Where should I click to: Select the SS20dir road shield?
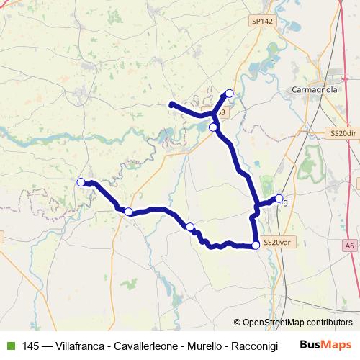click(343, 133)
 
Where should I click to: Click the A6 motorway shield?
click(350, 246)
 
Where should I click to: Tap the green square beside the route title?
click(9, 346)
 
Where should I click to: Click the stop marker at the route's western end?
click(81, 182)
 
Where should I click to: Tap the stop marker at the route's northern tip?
click(230, 93)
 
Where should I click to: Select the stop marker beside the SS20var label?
click(256, 246)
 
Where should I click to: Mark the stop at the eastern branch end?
click(279, 198)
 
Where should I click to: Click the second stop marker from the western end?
click(128, 212)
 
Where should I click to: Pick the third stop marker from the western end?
click(190, 227)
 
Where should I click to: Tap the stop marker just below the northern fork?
click(213, 127)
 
